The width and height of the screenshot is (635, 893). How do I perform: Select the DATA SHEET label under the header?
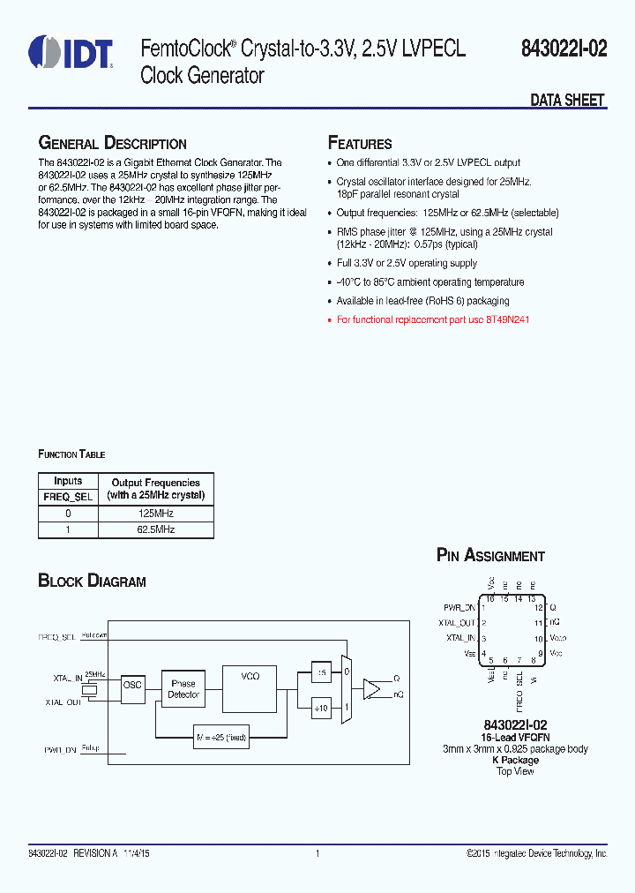567,101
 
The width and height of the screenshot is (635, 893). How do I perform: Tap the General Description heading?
112,144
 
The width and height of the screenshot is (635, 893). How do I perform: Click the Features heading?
360,144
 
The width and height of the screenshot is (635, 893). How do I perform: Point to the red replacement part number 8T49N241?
507,320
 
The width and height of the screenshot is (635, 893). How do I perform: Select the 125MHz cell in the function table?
155,514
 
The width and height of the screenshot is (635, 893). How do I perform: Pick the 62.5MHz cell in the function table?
155,529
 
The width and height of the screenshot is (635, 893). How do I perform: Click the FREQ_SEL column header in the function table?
68,496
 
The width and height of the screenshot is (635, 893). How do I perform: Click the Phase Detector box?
183,689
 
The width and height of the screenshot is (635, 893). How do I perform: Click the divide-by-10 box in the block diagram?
321,707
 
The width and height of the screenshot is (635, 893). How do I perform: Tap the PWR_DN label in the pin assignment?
459,608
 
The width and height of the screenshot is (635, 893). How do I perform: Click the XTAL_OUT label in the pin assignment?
458,623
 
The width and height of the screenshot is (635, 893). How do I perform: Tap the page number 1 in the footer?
317,853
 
